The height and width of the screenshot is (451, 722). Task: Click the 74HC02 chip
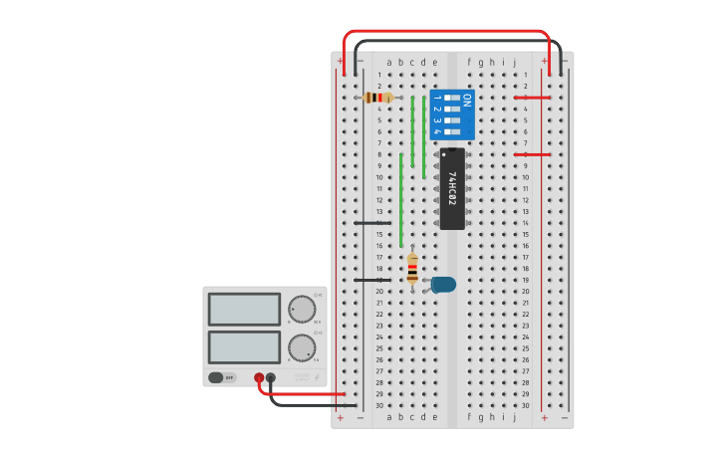click(452, 188)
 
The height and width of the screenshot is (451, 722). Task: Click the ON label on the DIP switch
click(467, 100)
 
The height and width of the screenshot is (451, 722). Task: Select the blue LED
click(442, 284)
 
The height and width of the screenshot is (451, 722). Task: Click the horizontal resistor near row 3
click(378, 98)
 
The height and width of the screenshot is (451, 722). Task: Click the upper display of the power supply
click(244, 310)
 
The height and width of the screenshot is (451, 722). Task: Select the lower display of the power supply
click(244, 346)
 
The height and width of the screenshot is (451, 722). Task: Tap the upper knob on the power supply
click(302, 309)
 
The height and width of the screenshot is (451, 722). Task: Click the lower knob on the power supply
click(302, 347)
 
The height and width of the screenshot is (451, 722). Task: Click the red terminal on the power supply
click(259, 377)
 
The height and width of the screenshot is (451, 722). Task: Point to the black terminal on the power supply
click(271, 377)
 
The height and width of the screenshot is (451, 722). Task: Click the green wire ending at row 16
click(401, 199)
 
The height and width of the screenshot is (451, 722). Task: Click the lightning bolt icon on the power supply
click(317, 377)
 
